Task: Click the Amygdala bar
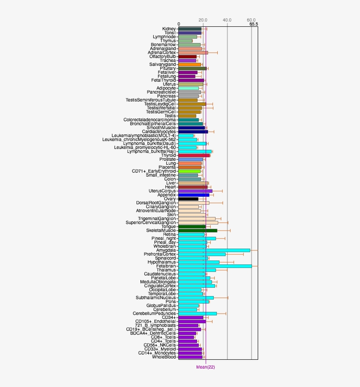click(x=214, y=250)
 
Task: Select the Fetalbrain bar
click(x=215, y=266)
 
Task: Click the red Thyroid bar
click(x=194, y=156)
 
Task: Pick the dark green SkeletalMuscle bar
click(x=198, y=231)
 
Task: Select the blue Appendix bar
click(x=194, y=195)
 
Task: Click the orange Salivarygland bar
click(x=190, y=65)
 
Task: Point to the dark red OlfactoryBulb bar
click(x=187, y=57)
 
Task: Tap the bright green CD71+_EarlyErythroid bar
click(x=189, y=171)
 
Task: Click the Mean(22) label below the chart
click(x=205, y=367)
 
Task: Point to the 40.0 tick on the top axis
click(x=227, y=20)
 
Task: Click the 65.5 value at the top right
click(x=253, y=24)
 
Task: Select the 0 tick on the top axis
click(x=179, y=24)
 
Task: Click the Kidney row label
click(x=169, y=29)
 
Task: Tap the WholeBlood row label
click(x=164, y=357)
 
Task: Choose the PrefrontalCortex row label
click(x=160, y=254)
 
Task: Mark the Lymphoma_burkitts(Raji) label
click(x=151, y=152)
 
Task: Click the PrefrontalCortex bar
click(x=202, y=254)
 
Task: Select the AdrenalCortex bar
click(x=193, y=53)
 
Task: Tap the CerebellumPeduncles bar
click(x=198, y=314)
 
